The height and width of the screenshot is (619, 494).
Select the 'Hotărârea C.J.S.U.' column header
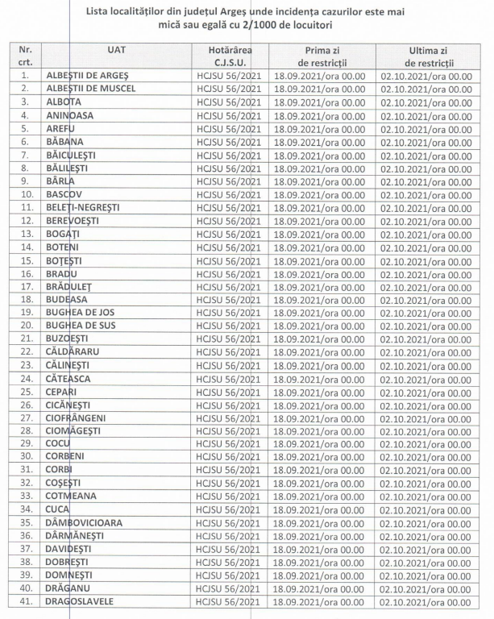229,56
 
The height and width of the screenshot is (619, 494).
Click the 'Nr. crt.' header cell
25,56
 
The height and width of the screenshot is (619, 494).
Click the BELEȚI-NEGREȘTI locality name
83,207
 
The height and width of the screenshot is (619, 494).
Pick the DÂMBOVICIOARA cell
85,522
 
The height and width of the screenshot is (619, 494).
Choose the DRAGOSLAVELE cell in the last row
80,601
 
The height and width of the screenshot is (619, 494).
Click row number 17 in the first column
25,286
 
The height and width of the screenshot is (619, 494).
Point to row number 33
25,496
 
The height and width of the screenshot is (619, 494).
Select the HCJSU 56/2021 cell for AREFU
229,128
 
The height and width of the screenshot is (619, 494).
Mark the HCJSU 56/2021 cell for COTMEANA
229,496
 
